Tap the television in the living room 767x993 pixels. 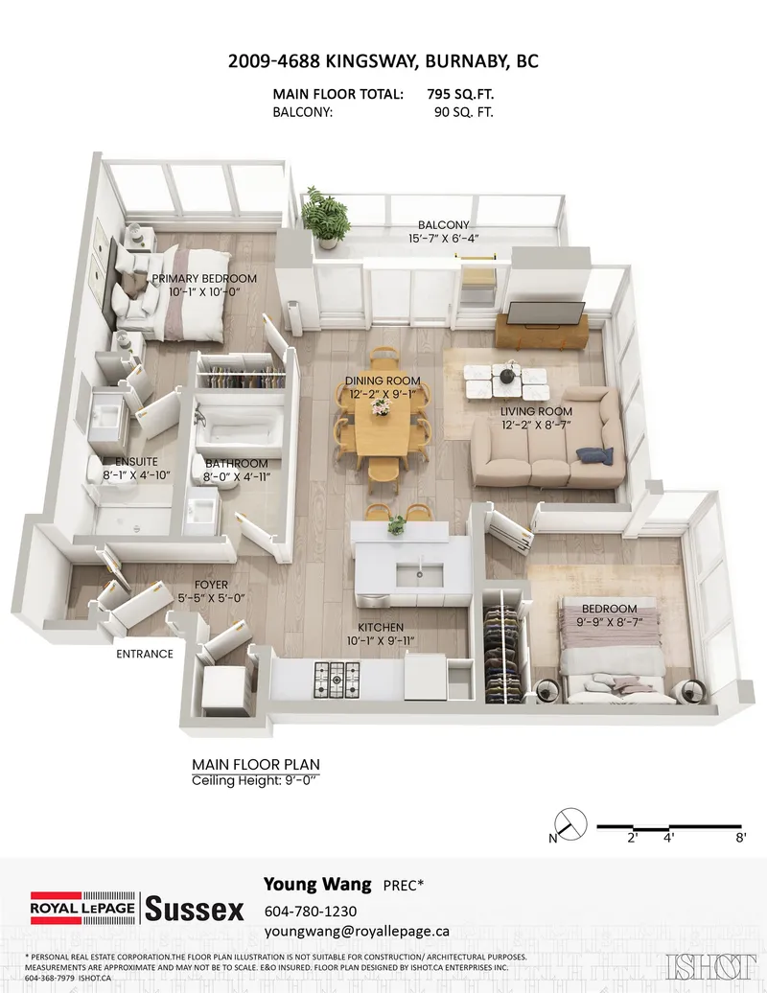546,312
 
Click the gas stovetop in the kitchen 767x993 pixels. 337,679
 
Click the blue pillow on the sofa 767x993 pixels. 594,455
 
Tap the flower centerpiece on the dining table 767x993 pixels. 381,408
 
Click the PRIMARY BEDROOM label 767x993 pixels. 204,279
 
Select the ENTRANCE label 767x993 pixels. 145,655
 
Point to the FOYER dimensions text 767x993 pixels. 211,598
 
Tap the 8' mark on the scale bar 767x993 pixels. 741,837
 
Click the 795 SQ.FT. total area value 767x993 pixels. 460,94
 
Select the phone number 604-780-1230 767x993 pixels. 311,912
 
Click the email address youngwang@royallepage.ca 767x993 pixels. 357,932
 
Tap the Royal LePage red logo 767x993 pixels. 82,908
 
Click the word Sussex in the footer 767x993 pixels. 195,910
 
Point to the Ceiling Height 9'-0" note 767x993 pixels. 254,781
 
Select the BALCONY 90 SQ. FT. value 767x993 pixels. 464,113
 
